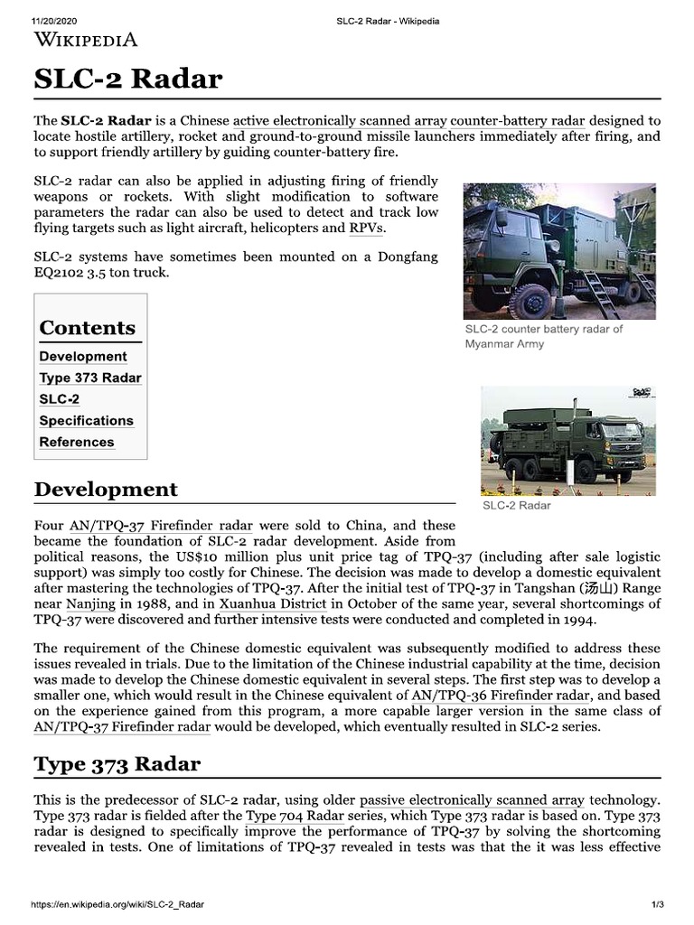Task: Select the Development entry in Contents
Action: click(x=83, y=356)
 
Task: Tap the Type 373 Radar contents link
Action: click(x=90, y=378)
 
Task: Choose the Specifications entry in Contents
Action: click(x=86, y=420)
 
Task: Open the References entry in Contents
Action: click(x=77, y=442)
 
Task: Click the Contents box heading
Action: click(x=88, y=327)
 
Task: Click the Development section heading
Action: click(x=106, y=489)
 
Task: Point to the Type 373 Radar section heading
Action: click(x=117, y=763)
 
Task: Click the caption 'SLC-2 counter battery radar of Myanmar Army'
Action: click(x=543, y=336)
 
